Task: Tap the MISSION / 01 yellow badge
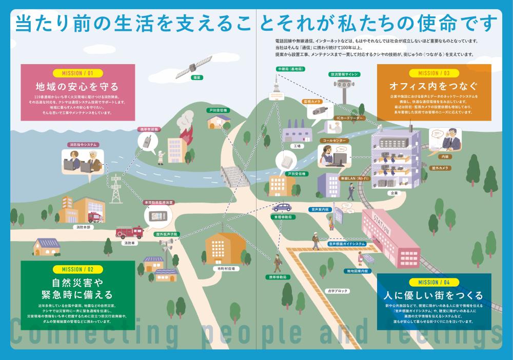pyautogui.click(x=77, y=73)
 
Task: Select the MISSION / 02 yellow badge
pyautogui.click(x=77, y=269)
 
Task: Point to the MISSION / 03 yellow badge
pyautogui.click(x=434, y=73)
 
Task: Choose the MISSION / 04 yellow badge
pyautogui.click(x=434, y=282)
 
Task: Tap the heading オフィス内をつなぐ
pyautogui.click(x=434, y=85)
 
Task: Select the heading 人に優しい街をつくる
pyautogui.click(x=434, y=295)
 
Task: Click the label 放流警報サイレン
pyautogui.click(x=344, y=74)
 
